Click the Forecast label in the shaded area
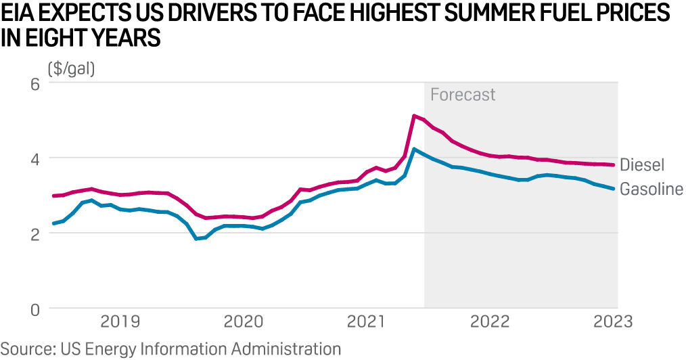[x=463, y=95]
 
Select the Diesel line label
[x=643, y=164]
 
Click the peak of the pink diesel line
[x=414, y=116]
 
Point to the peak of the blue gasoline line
[x=414, y=149]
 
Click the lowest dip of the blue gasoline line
[x=196, y=238]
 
